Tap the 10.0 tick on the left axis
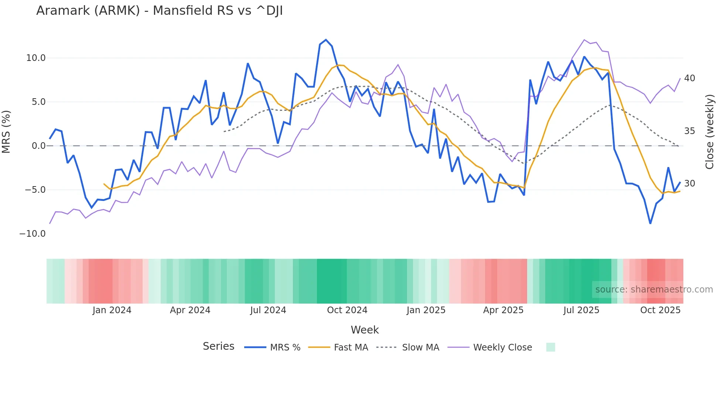[36, 58]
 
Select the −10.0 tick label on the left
[33, 234]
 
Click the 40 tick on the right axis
[689, 78]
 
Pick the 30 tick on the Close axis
[689, 184]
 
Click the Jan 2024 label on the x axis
[112, 310]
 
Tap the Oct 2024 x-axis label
[347, 310]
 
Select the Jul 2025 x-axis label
[581, 310]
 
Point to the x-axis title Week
[365, 330]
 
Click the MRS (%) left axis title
[6, 131]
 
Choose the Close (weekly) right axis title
[710, 132]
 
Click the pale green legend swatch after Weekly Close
[550, 347]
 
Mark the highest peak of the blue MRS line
[326, 40]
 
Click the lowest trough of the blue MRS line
[650, 223]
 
